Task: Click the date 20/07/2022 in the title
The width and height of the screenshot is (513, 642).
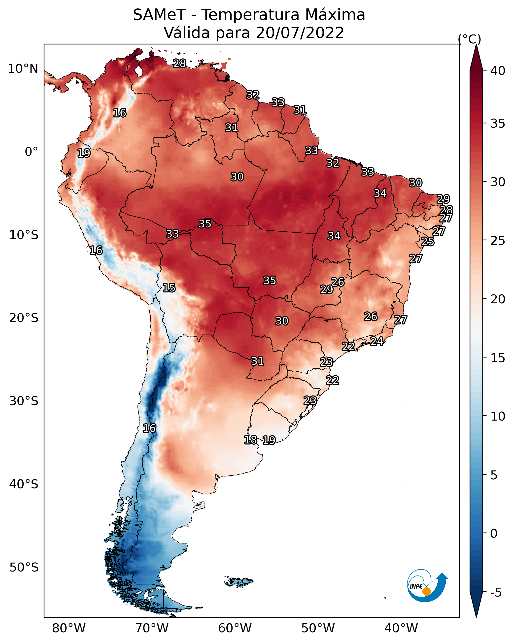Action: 300,33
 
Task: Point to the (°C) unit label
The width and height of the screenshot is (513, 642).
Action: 469,39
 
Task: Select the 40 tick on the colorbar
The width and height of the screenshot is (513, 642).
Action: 498,71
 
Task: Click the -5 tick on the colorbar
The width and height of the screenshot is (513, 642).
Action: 496,592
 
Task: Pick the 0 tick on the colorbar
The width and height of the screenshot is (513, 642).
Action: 494,534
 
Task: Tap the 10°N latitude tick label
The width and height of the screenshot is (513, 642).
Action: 23,69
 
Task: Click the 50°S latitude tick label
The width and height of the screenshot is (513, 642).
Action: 24,568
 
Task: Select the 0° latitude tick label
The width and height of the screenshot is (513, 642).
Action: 32,152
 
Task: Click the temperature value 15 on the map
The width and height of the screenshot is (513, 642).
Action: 169,288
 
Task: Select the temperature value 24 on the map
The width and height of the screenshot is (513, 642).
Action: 377,341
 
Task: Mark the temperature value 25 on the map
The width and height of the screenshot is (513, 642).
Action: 428,242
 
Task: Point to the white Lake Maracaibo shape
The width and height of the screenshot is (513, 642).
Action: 138,71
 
